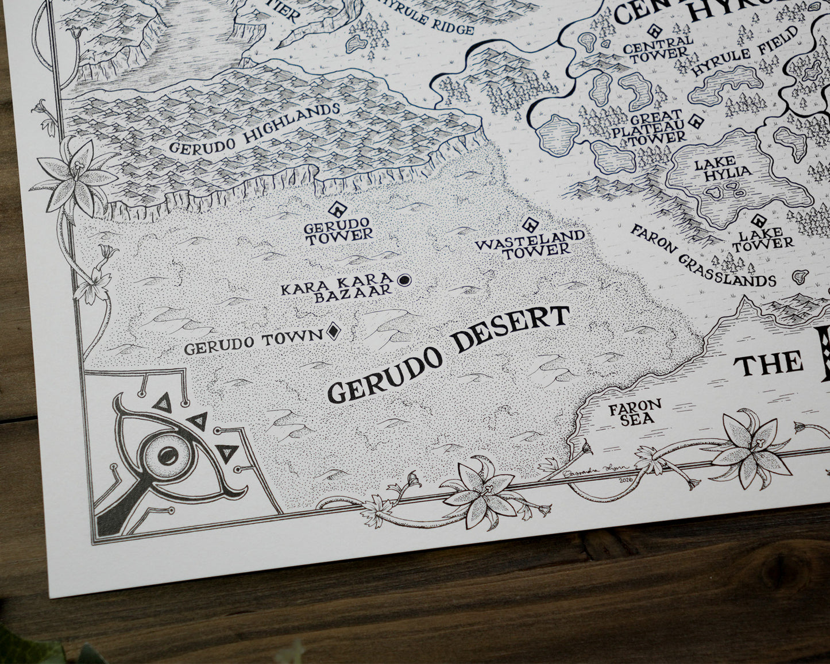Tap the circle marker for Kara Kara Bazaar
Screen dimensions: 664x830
[404, 280]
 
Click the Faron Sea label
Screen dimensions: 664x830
[635, 412]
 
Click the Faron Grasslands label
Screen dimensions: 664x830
[702, 256]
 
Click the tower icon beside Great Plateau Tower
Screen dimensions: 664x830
[697, 121]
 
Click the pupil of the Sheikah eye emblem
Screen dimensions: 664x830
[167, 457]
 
